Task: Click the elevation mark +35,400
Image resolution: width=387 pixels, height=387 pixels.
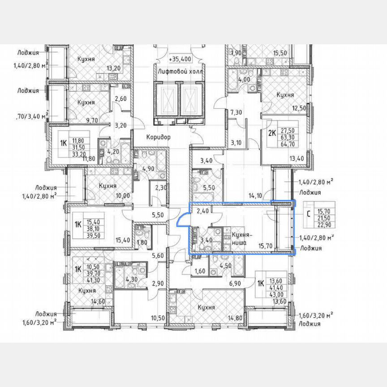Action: click(180, 59)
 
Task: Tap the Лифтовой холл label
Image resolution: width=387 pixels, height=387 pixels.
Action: click(180, 72)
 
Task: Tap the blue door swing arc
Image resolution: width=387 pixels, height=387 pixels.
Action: click(182, 219)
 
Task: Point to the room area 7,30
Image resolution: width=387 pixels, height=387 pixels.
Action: click(236, 112)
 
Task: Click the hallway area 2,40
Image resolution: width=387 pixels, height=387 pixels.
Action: click(202, 211)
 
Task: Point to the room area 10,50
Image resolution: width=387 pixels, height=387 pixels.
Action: click(158, 318)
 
